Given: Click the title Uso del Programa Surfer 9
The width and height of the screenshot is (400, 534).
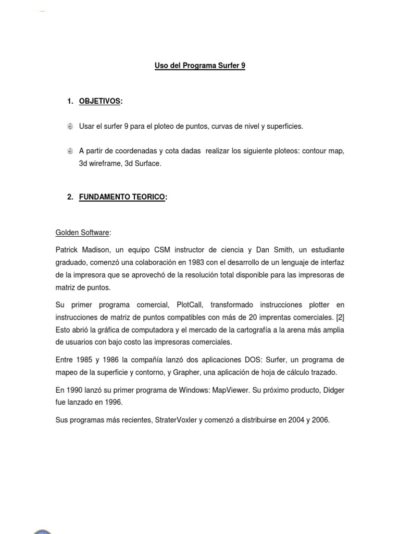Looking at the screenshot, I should pyautogui.click(x=200, y=66).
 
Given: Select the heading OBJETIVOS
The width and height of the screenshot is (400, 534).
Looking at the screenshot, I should pyautogui.click(x=99, y=101).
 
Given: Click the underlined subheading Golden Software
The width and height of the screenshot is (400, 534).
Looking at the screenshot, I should pyautogui.click(x=82, y=232).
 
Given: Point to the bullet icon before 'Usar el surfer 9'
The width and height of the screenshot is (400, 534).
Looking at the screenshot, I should pyautogui.click(x=70, y=126).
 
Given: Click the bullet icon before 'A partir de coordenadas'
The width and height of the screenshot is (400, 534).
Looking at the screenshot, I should pyautogui.click(x=70, y=151).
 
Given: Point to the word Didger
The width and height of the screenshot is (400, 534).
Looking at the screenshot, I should pyautogui.click(x=332, y=390).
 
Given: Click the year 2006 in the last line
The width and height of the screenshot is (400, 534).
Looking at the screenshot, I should pyautogui.click(x=320, y=420).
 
